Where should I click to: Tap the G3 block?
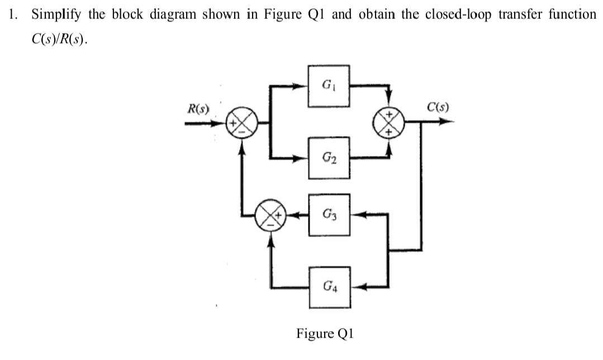329,214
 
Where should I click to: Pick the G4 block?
329,288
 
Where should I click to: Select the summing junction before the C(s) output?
390,122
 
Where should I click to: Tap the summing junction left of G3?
272,214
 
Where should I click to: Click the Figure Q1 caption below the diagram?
325,334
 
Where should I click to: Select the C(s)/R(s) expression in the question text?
59,41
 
